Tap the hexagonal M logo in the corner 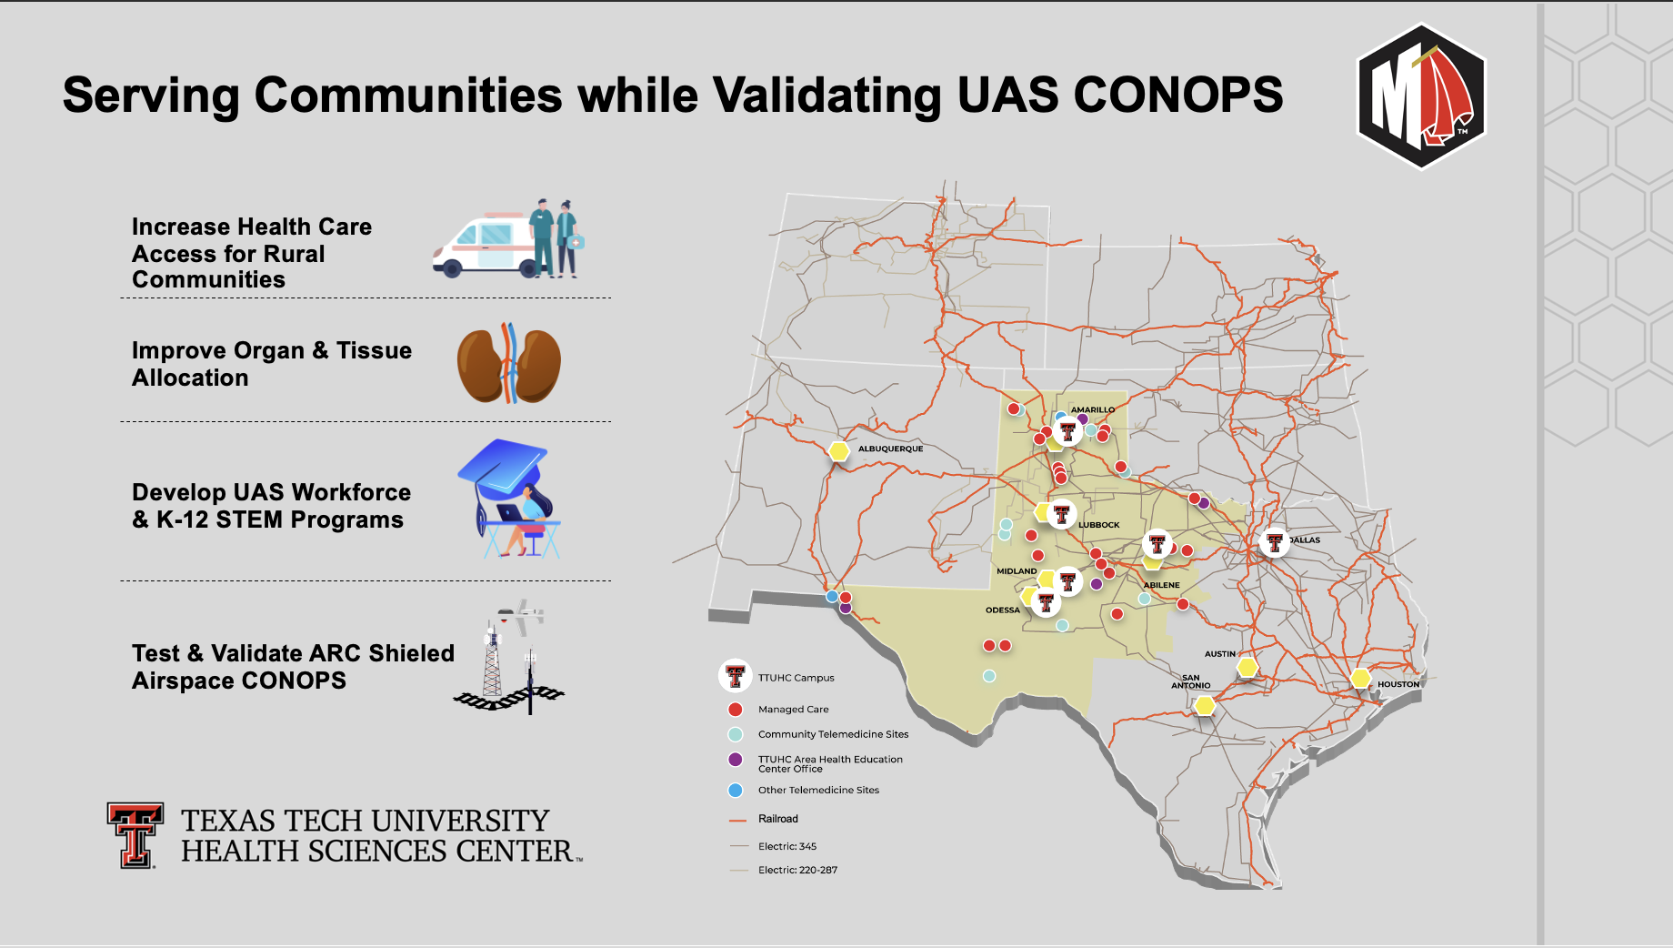1421,96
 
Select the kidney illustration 508,363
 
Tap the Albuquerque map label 890,449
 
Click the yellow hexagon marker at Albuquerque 838,450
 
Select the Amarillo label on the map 1092,409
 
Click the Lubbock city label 1098,525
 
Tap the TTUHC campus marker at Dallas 1275,543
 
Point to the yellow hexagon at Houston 1360,678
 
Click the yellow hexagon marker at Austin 1247,667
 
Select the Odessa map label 1003,610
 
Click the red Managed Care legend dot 736,709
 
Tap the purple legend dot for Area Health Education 736,760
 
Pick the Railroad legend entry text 778,819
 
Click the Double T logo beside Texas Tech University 135,835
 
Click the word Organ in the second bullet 269,350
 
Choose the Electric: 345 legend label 787,846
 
